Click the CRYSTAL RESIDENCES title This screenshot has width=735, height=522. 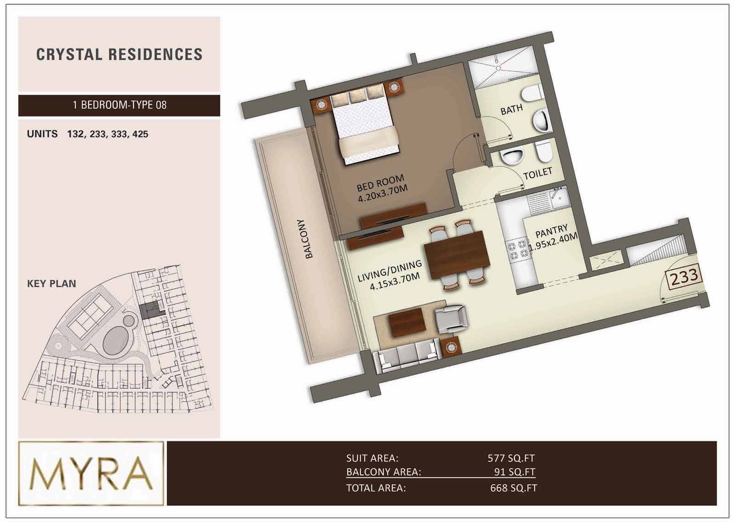(119, 55)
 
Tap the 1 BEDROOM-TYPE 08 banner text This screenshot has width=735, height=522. (119, 105)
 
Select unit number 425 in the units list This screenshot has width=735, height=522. (140, 134)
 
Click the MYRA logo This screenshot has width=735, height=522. (91, 473)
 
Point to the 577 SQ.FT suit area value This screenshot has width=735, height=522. (511, 458)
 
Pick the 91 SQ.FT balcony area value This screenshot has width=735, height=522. (514, 472)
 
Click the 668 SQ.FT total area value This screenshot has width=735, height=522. (514, 488)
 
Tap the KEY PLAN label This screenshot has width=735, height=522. (51, 284)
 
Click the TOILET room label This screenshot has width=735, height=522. (537, 173)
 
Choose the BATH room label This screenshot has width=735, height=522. (512, 110)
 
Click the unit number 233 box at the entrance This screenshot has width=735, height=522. (684, 277)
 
